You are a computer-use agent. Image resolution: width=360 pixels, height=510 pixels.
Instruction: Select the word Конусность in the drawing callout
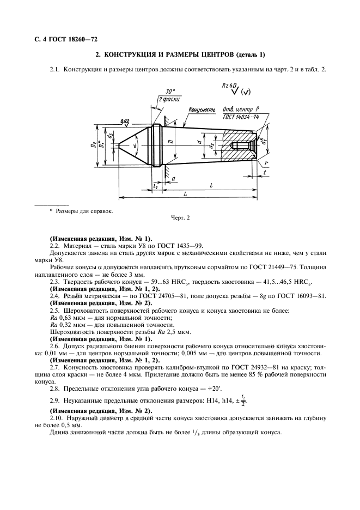click(202, 111)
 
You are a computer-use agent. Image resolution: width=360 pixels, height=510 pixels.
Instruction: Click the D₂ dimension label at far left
click(94, 145)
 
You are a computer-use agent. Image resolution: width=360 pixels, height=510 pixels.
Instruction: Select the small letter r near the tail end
click(264, 162)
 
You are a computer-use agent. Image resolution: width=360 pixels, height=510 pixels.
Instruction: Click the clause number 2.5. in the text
click(54, 309)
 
